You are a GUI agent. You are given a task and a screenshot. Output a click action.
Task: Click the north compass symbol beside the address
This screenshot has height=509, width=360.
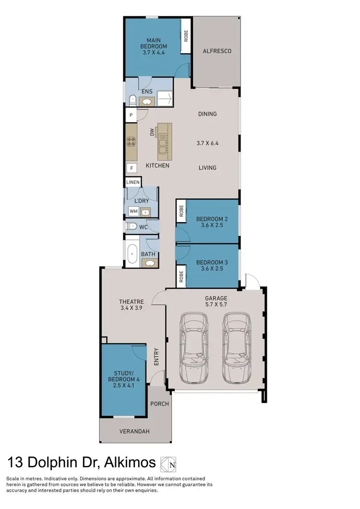point(168,463)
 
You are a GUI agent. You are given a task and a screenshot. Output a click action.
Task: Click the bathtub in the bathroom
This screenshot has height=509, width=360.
point(132,254)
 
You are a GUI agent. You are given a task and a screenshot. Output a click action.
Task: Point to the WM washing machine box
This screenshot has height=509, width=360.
point(132,212)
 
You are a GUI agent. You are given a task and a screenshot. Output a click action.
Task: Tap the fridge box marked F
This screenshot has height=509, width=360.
point(131,168)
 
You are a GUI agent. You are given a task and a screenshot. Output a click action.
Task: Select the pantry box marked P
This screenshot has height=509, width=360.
point(131,115)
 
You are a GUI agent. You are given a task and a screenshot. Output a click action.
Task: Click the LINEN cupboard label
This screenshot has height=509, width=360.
point(133,182)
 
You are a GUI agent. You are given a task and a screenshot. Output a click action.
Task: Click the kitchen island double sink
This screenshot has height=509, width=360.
point(164,142)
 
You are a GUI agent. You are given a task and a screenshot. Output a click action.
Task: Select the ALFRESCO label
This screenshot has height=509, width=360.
point(217,50)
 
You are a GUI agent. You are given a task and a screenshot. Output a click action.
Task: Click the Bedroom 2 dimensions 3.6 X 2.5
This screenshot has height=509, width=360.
point(212,226)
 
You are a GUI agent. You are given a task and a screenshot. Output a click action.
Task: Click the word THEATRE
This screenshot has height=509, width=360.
point(132,302)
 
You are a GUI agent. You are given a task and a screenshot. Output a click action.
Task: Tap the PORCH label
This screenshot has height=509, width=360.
point(159,404)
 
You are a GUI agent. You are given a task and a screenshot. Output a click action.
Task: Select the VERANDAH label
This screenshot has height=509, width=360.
point(134,431)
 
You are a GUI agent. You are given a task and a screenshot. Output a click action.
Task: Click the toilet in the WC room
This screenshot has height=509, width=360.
point(131,226)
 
